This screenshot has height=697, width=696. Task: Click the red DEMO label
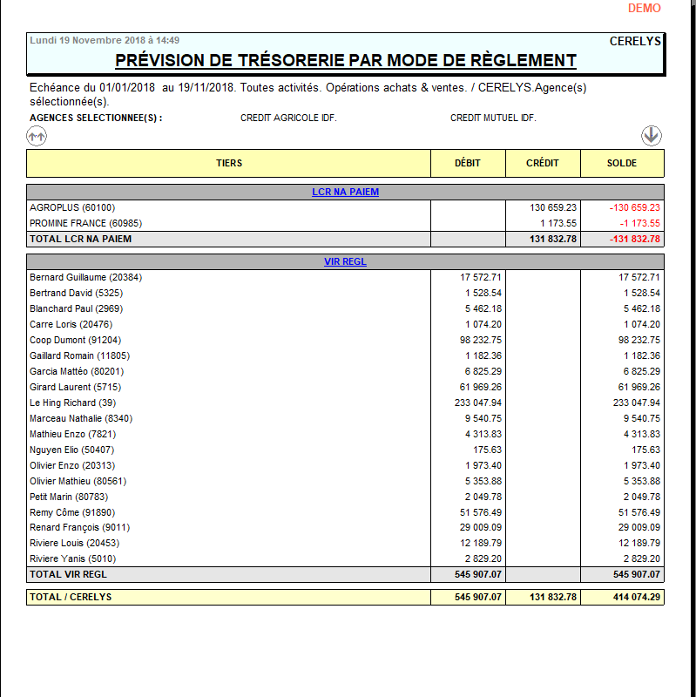645,8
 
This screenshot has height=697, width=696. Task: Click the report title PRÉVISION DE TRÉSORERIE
346,60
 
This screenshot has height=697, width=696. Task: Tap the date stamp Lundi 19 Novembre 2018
105,40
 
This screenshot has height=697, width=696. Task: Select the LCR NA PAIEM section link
345,192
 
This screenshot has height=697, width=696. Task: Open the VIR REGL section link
345,261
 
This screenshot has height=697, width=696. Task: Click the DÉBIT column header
468,163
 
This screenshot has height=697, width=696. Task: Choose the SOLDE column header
622,163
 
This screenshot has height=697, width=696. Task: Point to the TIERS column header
229,163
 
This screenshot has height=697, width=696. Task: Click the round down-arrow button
652,135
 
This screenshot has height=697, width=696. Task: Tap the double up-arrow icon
37,136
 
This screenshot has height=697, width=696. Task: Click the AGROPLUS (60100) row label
72,207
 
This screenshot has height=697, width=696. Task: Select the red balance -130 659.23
635,207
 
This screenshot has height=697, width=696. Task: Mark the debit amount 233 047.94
472,403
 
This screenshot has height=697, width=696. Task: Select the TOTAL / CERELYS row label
71,597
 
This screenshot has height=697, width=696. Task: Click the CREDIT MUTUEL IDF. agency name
493,118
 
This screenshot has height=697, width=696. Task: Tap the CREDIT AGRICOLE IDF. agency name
288,118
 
